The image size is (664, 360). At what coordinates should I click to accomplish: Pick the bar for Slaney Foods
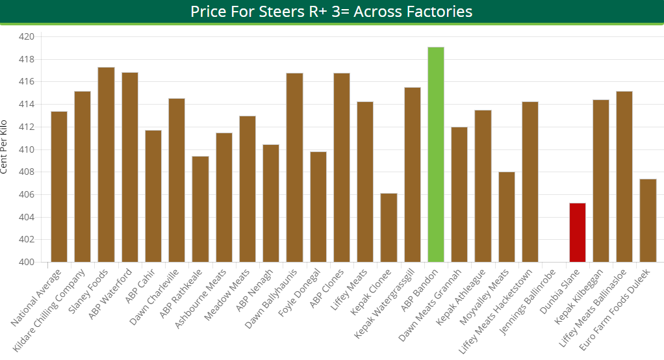click(106, 165)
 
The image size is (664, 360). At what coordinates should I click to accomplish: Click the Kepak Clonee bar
click(389, 227)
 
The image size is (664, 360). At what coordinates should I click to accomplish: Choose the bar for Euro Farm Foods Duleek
click(648, 220)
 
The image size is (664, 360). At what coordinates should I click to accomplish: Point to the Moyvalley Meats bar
click(507, 217)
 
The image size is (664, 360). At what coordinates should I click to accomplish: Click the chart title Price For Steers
click(331, 12)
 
